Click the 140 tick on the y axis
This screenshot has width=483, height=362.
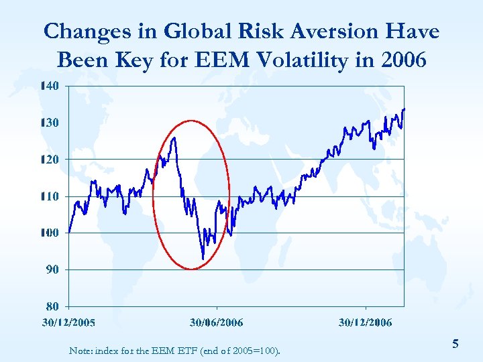click(50, 86)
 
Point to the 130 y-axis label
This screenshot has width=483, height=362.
click(50, 123)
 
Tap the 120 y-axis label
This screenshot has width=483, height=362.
click(50, 160)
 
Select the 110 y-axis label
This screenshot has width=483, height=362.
click(50, 196)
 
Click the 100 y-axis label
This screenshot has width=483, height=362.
click(50, 233)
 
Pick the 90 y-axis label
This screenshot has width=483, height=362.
click(52, 269)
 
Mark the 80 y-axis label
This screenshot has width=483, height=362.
click(52, 306)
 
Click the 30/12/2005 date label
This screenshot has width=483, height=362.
click(68, 322)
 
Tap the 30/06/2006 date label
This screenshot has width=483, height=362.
click(216, 322)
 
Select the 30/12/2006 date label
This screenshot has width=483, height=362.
click(365, 322)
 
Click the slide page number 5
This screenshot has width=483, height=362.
click(455, 344)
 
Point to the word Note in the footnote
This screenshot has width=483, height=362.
click(80, 351)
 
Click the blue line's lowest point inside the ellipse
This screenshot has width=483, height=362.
click(203, 259)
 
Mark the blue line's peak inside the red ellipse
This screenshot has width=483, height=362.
click(174, 138)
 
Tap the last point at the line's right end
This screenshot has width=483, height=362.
click(404, 109)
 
